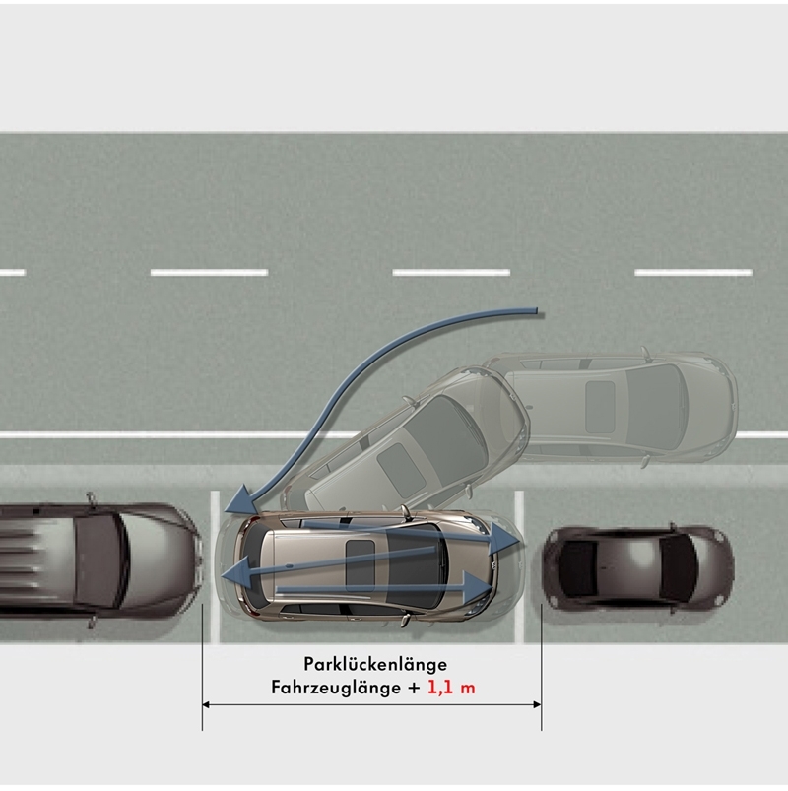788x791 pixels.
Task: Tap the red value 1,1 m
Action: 450,688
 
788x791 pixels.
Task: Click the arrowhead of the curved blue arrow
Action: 233,505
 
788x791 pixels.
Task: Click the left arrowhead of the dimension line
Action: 208,703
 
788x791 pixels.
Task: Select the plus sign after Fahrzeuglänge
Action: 413,688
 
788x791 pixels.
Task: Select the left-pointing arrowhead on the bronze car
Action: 231,576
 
